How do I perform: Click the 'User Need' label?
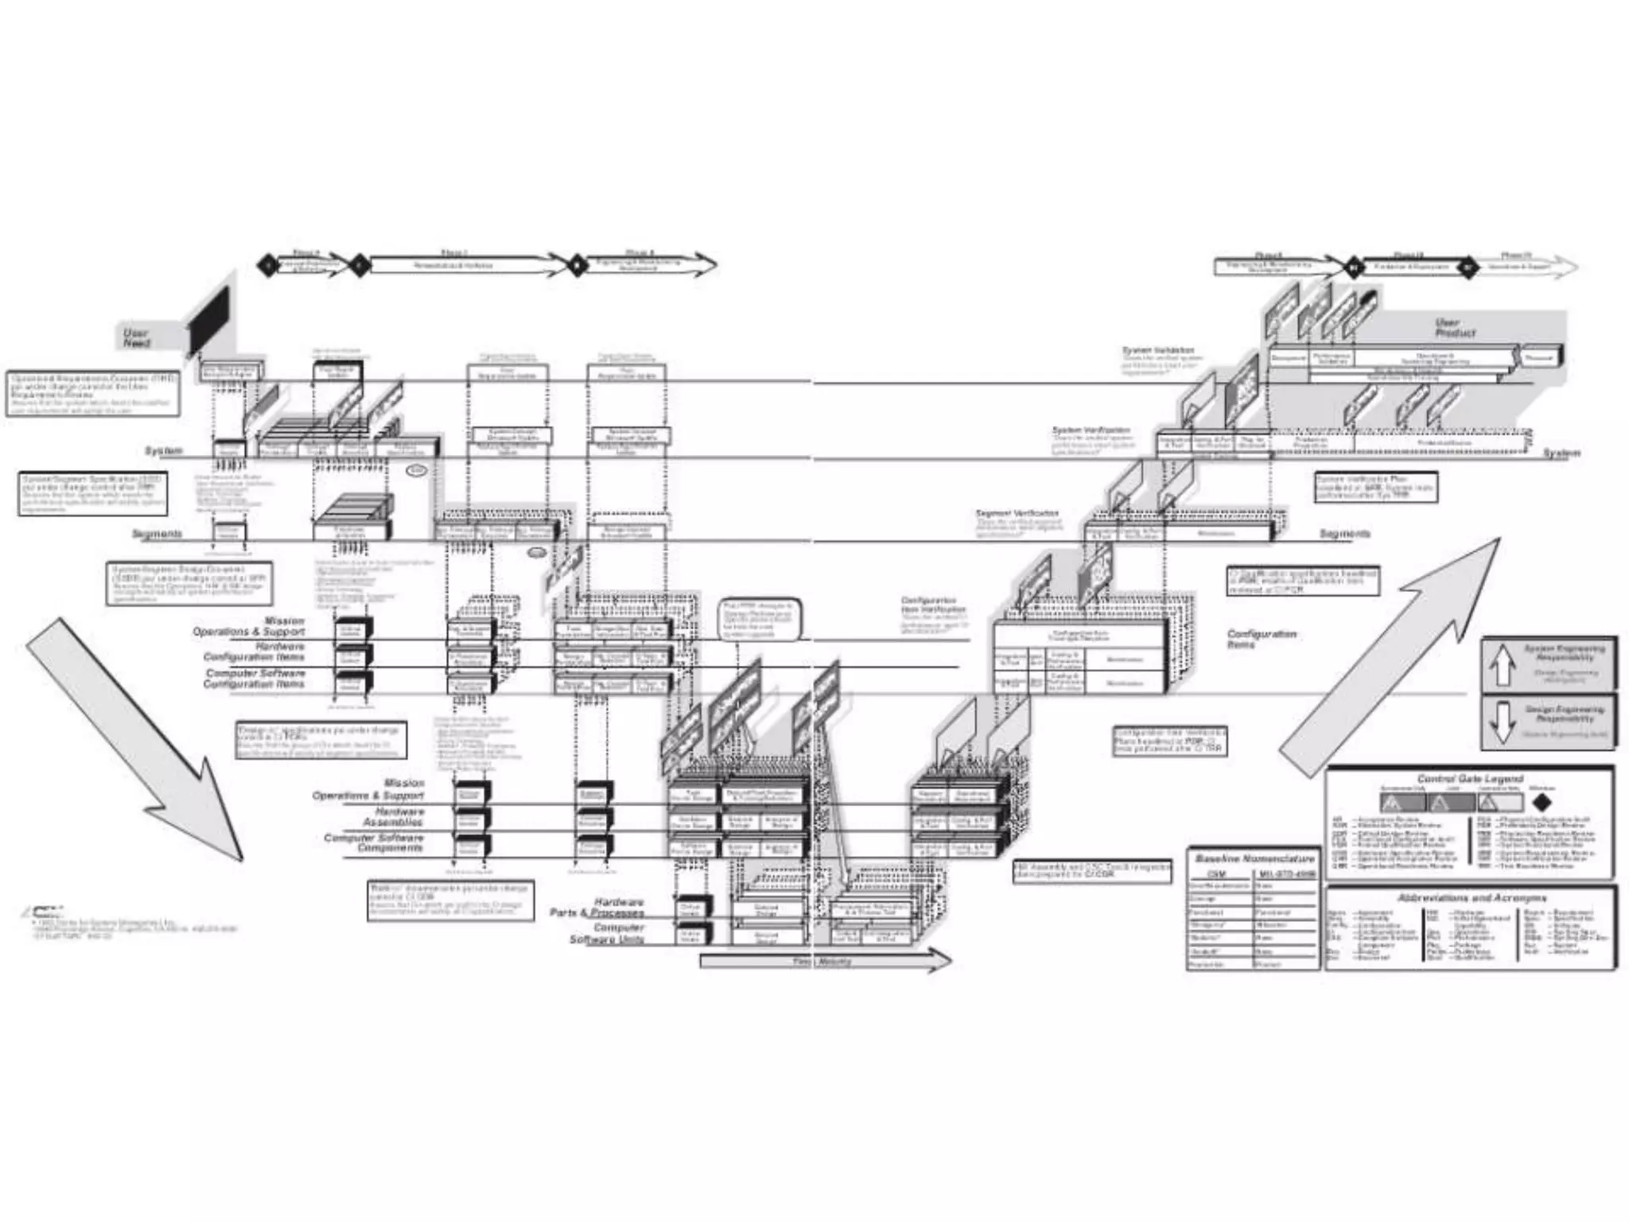point(137,338)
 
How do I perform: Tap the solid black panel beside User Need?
point(208,321)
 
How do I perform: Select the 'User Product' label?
point(1455,328)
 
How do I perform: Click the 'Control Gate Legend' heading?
point(1470,779)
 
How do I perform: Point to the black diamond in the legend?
point(1542,803)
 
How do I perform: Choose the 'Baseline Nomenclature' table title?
point(1254,859)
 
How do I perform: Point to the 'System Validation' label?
point(1157,351)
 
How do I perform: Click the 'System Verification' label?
point(1091,430)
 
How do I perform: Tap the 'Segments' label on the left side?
point(157,534)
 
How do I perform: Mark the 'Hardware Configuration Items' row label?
point(254,652)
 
